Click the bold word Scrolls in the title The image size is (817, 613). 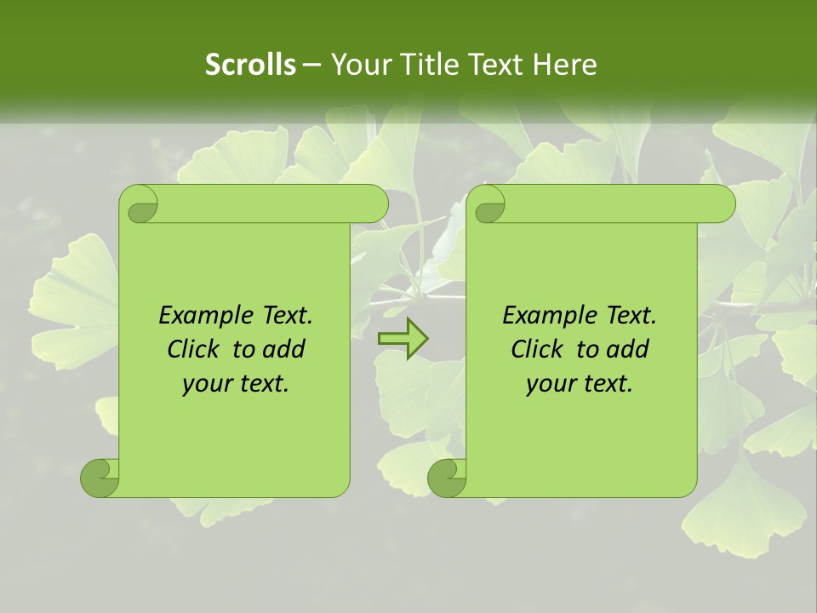click(251, 65)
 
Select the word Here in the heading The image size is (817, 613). click(563, 65)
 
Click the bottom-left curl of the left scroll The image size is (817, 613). click(100, 478)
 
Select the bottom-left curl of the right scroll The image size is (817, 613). click(447, 478)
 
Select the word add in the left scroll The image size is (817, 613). click(285, 349)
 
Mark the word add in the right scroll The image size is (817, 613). click(629, 349)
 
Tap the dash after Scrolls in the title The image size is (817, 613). click(311, 65)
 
